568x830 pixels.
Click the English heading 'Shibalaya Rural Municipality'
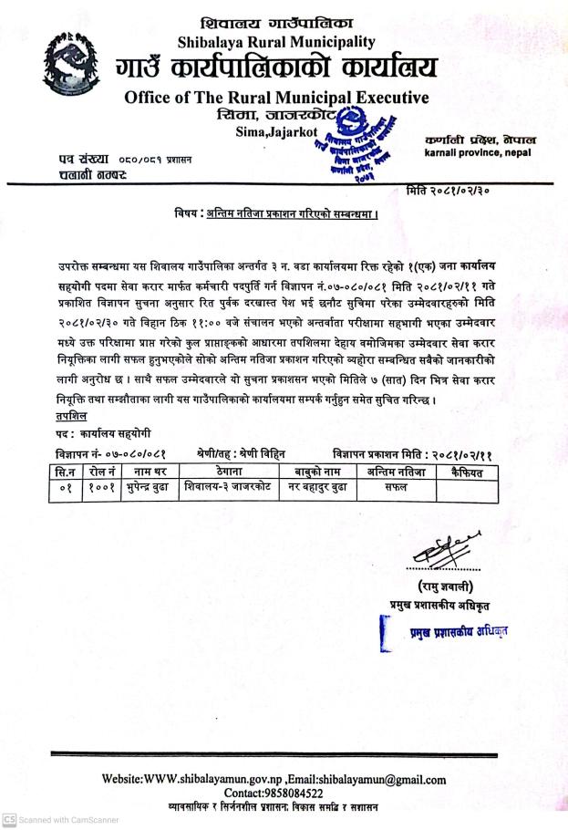pos(275,42)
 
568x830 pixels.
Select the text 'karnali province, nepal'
pos(479,154)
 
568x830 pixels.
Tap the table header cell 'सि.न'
pos(65,472)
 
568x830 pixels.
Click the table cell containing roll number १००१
pos(100,489)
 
